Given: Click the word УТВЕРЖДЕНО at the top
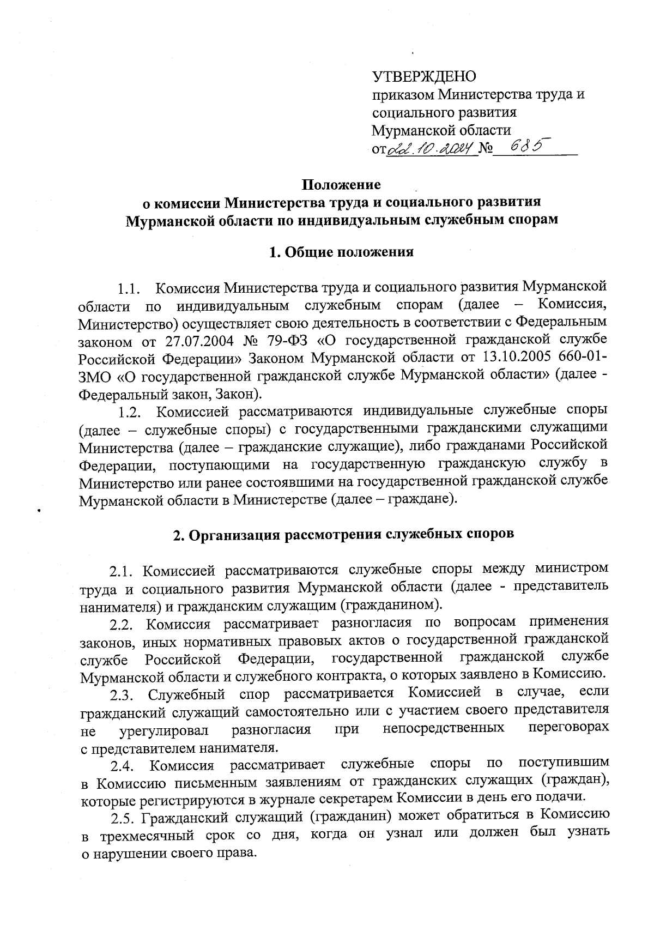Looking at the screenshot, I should point(424,76).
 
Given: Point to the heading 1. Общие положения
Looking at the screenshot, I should point(342,252).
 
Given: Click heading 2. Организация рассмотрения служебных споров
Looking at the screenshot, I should point(343,534).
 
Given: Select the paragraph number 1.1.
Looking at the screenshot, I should point(130,287).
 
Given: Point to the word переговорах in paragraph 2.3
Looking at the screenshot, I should point(569,729).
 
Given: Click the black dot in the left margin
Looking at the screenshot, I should point(39,511).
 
